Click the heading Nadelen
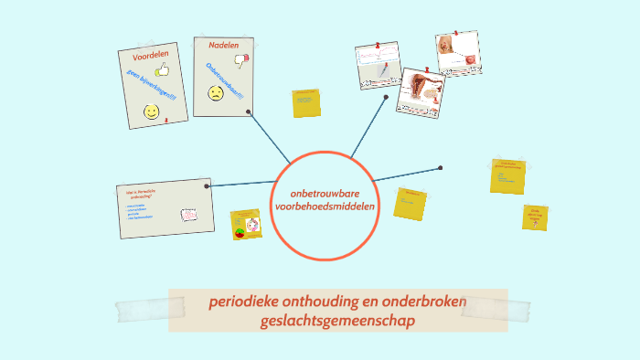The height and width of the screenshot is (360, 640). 223,45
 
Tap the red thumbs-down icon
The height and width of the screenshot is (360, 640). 241,61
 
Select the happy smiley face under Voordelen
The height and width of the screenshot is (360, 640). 151,111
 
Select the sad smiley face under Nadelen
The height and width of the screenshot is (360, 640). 216,93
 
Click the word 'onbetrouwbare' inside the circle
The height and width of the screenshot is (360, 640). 325,194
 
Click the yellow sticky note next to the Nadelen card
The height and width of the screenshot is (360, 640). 306,104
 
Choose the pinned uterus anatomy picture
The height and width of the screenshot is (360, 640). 421,92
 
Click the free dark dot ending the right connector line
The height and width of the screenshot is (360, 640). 440,168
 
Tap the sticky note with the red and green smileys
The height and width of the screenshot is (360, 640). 245,225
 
